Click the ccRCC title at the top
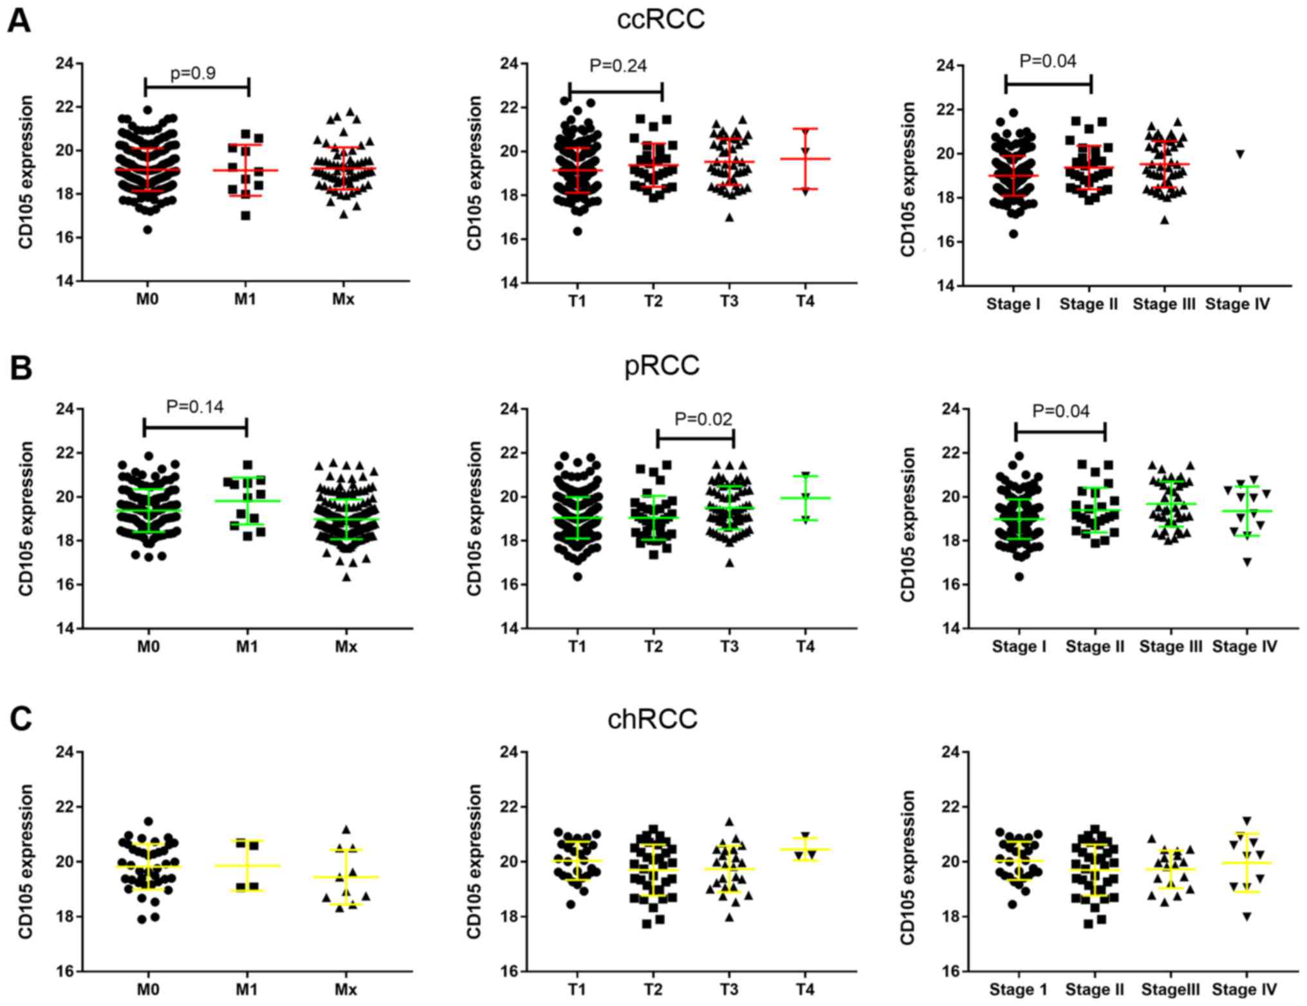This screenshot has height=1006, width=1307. point(660,19)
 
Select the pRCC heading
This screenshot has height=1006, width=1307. point(662,366)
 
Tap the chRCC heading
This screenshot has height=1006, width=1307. point(652,718)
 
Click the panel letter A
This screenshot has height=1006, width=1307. point(19,22)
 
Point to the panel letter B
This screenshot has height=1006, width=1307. point(21,368)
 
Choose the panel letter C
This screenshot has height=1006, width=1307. point(21,719)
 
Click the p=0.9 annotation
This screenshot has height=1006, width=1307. point(193,73)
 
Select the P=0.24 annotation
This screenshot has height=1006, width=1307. point(618,66)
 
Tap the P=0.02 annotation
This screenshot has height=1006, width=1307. point(703,420)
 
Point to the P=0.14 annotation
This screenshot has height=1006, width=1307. point(194,407)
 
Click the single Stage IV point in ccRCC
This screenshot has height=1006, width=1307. point(1239,154)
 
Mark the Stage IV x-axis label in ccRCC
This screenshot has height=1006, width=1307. point(1237,304)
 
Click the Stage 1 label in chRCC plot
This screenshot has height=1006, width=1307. point(1018,989)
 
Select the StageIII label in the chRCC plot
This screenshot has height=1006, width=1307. point(1170,989)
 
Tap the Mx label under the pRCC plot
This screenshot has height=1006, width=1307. point(346,646)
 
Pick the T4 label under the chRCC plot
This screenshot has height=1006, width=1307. point(804,989)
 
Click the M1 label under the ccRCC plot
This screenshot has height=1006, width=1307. point(245,299)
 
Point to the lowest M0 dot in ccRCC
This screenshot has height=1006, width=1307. point(147,230)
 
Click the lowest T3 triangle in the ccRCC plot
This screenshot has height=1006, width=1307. point(729,218)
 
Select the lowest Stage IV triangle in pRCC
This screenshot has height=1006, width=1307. point(1247,563)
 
